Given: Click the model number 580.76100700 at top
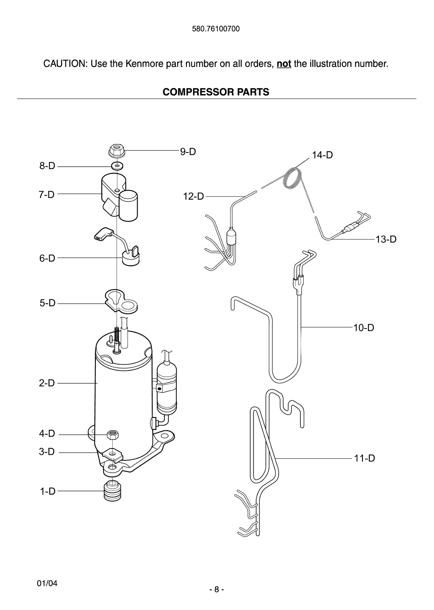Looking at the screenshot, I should coord(216,29).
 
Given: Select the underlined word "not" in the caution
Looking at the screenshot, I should coord(283,64).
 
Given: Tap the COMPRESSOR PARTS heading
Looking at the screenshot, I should coord(216,92).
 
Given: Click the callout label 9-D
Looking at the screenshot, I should coord(188,151).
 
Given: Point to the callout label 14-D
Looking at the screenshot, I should coord(322,155).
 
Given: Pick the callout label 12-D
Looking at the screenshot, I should coord(193,196).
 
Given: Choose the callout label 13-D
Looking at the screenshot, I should coord(386,239).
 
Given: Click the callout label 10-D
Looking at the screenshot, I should coord(364,328).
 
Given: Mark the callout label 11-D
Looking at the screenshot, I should coord(364,458).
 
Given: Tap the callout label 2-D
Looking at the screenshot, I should coord(47,383).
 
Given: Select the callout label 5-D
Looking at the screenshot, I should coord(48,303).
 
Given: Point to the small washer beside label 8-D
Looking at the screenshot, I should coord(117,165).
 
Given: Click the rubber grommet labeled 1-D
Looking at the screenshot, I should coord(112,491).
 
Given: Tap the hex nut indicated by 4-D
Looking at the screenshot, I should coord(112,434).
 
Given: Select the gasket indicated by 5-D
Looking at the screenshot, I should coord(121,301).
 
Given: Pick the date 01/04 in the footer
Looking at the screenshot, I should coord(47,583).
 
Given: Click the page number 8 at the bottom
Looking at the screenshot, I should coord(217,589).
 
